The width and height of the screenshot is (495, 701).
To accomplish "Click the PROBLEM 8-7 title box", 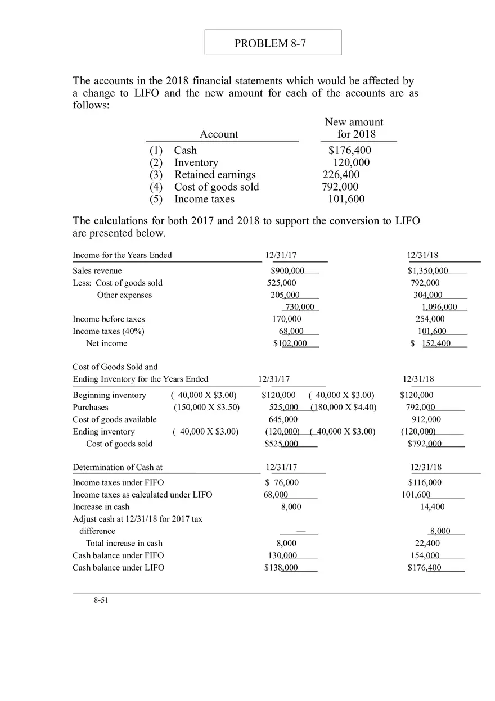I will [x=273, y=43].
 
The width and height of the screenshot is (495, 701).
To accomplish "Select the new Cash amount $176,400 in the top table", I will [x=349, y=150].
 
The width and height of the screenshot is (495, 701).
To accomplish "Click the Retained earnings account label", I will [x=215, y=175].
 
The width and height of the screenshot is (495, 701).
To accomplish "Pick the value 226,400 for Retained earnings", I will [x=341, y=175].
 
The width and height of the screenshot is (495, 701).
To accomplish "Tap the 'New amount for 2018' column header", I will [x=354, y=128].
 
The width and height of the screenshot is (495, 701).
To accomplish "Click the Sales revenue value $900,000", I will [x=287, y=271].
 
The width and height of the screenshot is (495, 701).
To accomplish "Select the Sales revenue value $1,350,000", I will [x=428, y=271].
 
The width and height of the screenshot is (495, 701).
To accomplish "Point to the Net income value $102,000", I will [x=290, y=343].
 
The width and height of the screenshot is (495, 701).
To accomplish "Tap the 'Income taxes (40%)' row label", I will [x=109, y=331].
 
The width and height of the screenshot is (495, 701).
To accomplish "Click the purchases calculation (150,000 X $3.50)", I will [x=206, y=408].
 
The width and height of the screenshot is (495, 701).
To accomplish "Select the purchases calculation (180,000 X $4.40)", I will [x=344, y=408].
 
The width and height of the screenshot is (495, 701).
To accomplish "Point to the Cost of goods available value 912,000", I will [x=426, y=419].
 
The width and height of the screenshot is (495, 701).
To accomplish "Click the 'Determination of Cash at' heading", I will [x=118, y=468].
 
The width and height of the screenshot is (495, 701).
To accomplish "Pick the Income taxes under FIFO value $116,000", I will [x=425, y=482].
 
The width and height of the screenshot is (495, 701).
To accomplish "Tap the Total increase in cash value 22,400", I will [x=427, y=544].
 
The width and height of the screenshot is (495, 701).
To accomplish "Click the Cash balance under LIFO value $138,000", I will [x=281, y=568].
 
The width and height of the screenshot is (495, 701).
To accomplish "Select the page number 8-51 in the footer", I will [x=101, y=600].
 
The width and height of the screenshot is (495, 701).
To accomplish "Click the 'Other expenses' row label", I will [x=124, y=295].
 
